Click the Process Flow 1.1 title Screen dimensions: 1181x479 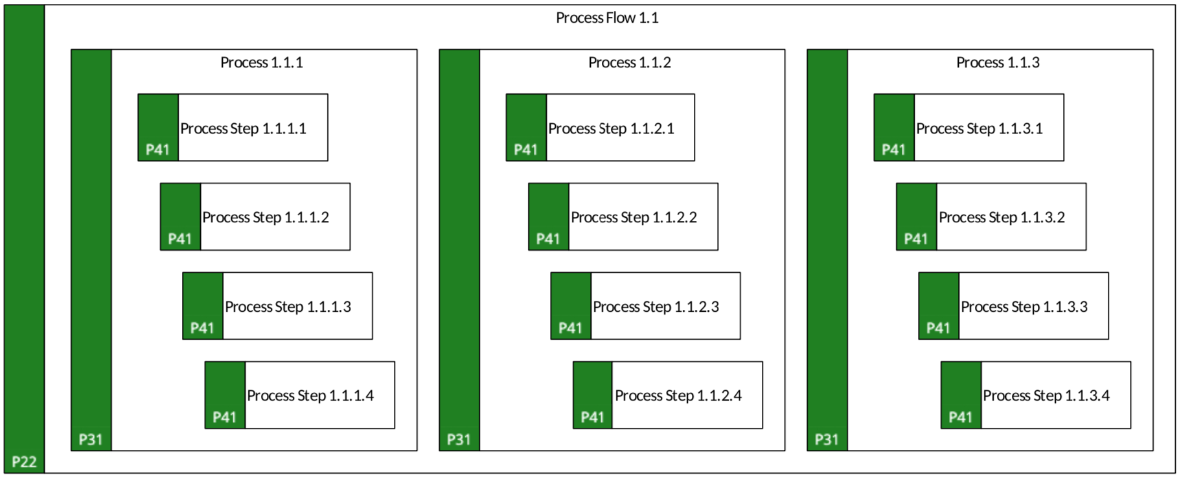(607, 18)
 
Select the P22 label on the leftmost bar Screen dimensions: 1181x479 (25, 461)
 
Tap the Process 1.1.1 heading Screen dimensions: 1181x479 (262, 62)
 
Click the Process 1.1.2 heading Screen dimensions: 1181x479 (630, 62)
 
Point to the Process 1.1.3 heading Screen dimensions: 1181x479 (998, 62)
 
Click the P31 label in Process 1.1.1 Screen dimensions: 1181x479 (91, 439)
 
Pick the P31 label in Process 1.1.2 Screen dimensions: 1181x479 (459, 439)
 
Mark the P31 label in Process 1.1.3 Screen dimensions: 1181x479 (827, 439)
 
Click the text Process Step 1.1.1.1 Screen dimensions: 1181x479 (243, 128)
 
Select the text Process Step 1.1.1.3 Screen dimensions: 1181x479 (288, 307)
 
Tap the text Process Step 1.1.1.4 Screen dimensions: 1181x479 (310, 395)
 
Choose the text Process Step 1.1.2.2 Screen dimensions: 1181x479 (634, 217)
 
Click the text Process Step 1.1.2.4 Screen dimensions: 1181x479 (678, 395)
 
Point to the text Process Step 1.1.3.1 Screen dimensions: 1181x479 (980, 128)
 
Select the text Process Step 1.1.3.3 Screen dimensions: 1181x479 (1024, 307)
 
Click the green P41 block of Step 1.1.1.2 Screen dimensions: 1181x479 (181, 216)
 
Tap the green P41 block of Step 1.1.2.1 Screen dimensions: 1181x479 (526, 128)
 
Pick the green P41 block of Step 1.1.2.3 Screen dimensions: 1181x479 (571, 306)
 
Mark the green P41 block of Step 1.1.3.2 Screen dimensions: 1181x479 (917, 216)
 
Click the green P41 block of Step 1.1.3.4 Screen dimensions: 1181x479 (961, 395)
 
